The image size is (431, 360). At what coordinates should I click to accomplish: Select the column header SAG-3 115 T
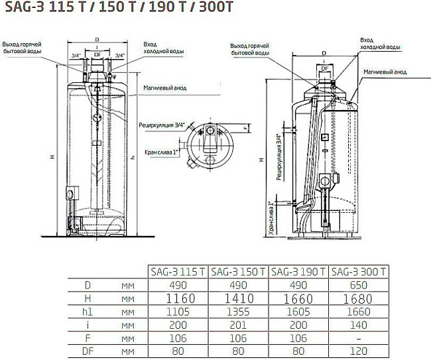[176, 272]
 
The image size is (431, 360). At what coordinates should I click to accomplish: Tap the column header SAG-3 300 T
[359, 272]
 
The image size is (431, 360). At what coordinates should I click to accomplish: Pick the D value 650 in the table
[359, 285]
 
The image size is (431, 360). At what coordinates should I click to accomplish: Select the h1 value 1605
[298, 312]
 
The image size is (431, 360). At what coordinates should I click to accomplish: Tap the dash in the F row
[359, 338]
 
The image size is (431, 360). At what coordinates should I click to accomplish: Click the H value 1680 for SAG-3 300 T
[359, 298]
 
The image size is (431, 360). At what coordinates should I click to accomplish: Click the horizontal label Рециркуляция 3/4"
[162, 124]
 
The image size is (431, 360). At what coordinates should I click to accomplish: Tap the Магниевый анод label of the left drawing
[166, 88]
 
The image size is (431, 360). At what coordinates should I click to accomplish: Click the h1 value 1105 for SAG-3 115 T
[176, 312]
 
